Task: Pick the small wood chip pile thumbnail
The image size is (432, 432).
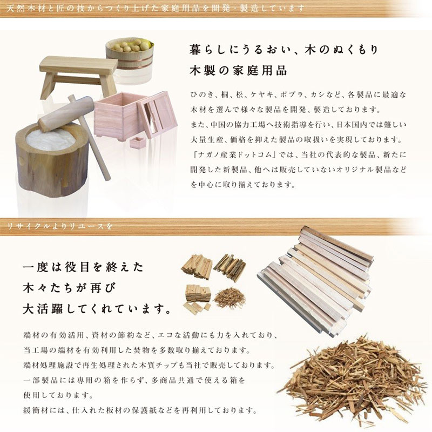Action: point(229,296)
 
